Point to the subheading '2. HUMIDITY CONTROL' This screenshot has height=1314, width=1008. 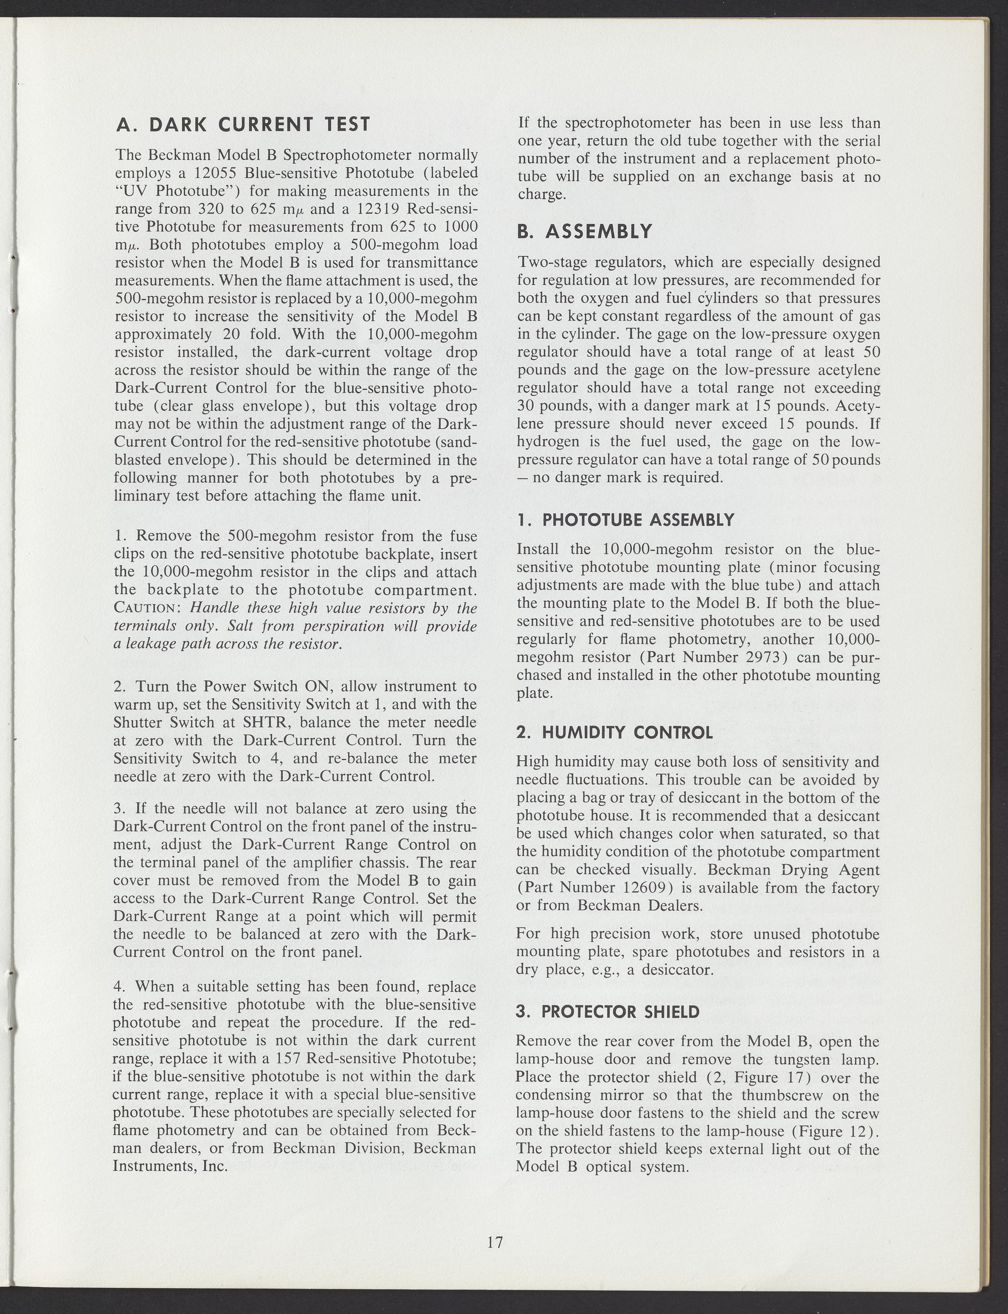pyautogui.click(x=614, y=732)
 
